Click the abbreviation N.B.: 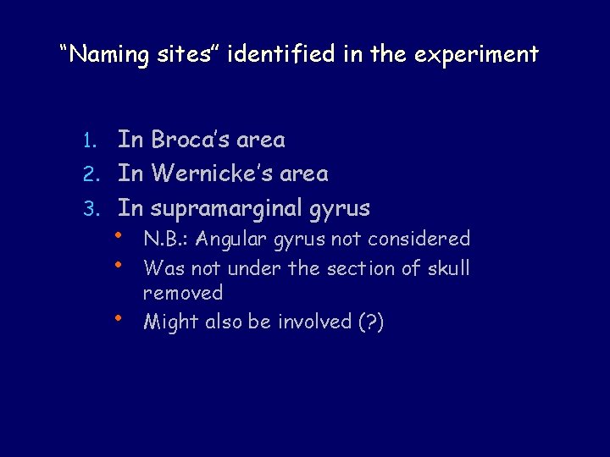167,240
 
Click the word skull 446,268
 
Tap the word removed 182,294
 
